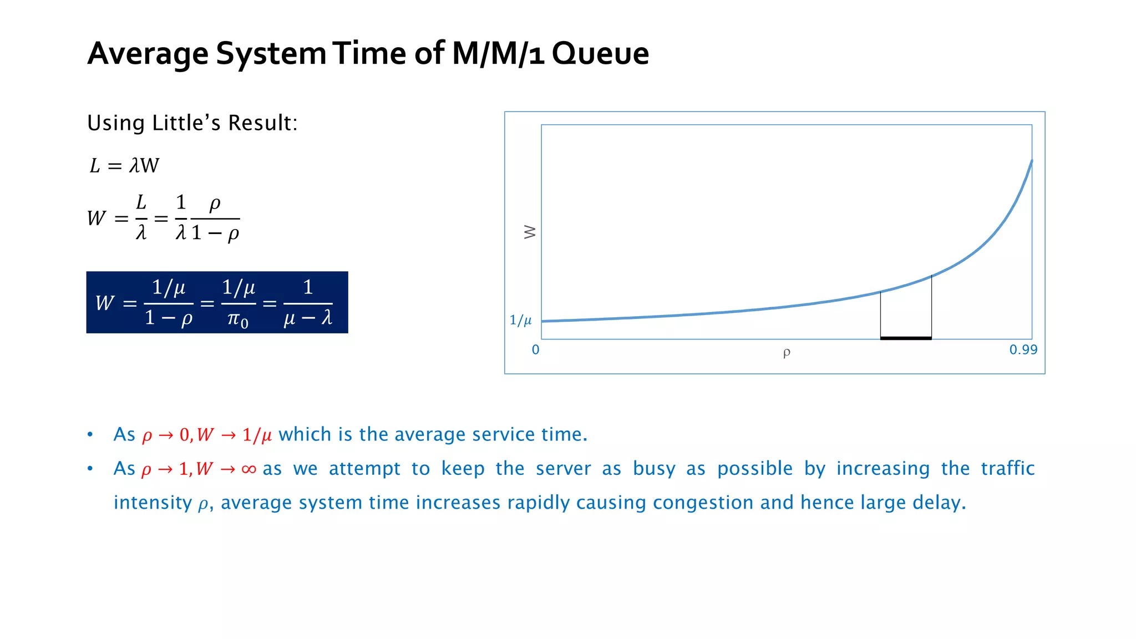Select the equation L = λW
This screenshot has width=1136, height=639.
(124, 165)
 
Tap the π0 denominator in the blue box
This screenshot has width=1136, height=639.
(238, 319)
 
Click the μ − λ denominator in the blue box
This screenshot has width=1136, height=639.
(308, 318)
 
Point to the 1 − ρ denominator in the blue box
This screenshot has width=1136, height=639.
(169, 318)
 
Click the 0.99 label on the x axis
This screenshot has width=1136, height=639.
(1023, 350)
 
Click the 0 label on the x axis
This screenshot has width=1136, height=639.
(535, 350)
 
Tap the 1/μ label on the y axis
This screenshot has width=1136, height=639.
(520, 320)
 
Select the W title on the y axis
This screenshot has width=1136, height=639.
(530, 232)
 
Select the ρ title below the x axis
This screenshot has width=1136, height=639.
(786, 353)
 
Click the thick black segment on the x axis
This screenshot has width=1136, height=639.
(905, 338)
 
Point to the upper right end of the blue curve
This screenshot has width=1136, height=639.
(1031, 161)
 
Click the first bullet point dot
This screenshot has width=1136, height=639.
(90, 434)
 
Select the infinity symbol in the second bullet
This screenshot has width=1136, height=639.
(249, 469)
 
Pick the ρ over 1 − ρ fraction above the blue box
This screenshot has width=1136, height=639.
(215, 219)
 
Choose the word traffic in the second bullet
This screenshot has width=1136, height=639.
(1007, 468)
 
